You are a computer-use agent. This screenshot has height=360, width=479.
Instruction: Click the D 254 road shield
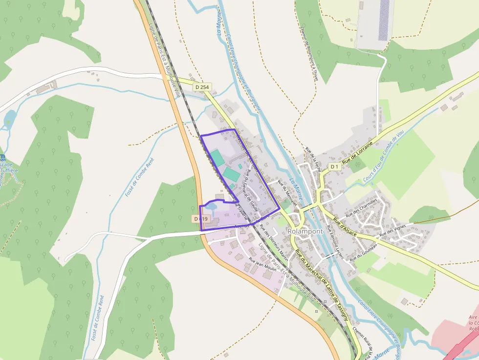(x=201, y=87)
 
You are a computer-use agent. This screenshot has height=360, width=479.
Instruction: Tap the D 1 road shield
(x=334, y=167)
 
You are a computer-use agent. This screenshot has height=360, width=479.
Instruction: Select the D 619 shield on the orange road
(x=200, y=219)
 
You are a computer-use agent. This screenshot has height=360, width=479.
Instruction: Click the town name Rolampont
(x=305, y=231)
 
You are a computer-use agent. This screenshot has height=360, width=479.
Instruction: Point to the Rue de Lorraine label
(x=358, y=153)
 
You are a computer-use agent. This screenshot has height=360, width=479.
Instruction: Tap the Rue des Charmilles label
(x=362, y=208)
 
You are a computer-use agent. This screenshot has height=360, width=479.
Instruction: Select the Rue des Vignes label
(x=393, y=231)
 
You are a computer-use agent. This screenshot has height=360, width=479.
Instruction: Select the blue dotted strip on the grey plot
(x=385, y=20)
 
